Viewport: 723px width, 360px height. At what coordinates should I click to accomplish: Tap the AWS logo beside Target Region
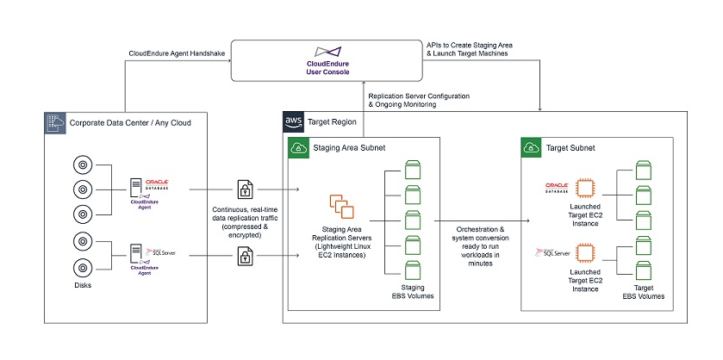pos(293,121)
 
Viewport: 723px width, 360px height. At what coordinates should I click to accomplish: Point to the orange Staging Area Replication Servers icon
pos(343,207)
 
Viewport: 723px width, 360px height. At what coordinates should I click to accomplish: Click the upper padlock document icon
pos(245,189)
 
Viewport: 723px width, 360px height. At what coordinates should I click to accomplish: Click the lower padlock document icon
pos(245,254)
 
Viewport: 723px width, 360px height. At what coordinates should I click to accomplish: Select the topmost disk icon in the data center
pos(82,162)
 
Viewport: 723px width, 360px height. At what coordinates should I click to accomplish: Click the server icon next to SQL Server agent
pos(135,253)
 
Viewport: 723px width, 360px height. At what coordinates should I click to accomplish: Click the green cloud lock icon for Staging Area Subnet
pos(297,148)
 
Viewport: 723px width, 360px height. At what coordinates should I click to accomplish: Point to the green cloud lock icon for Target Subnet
pos(533,148)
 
